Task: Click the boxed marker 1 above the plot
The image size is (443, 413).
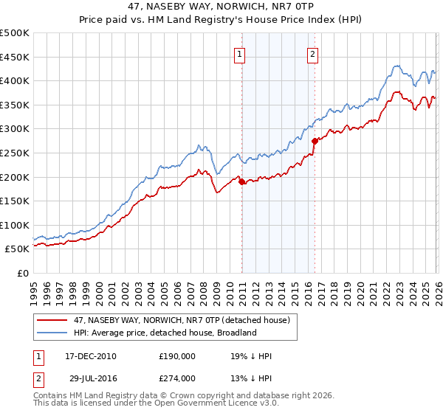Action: point(241,53)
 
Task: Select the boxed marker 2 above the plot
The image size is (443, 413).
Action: point(313,53)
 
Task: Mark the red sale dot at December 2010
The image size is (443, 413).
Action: point(241,182)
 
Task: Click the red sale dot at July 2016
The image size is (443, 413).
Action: point(315,141)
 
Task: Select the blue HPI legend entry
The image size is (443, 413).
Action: point(162,333)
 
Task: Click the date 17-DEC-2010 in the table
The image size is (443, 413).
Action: point(86,356)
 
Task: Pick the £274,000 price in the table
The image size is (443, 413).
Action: point(176,378)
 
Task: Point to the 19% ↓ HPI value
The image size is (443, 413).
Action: point(251,356)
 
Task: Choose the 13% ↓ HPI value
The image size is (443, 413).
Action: point(251,378)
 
